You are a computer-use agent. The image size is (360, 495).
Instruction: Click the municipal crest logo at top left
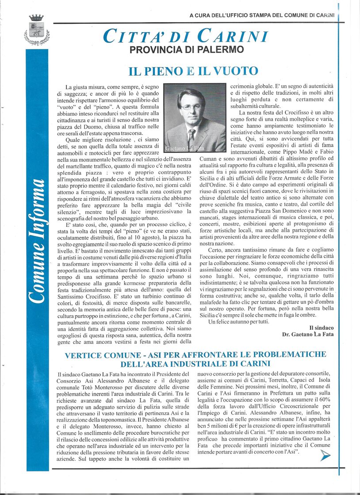point(36,30)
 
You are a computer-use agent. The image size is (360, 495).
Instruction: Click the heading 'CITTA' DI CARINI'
point(185,35)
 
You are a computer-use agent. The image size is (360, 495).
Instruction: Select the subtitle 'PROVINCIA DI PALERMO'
point(187,49)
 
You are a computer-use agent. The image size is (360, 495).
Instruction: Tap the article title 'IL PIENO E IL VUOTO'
point(193,71)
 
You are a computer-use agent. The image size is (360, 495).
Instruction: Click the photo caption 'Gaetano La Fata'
point(185,148)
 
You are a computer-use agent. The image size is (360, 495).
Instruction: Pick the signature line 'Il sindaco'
point(322,327)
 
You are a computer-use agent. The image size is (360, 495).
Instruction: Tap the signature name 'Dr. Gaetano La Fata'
point(308,334)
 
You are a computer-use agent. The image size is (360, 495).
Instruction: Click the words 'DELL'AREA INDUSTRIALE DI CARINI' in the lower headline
point(195,364)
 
